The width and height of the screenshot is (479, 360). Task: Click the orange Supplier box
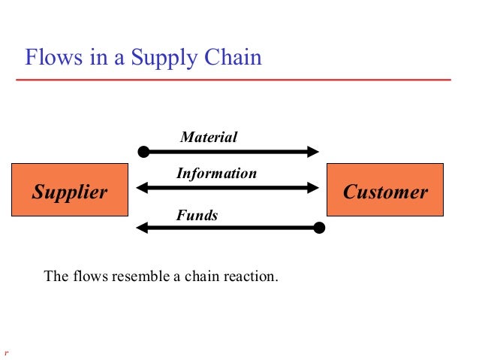pos(69,192)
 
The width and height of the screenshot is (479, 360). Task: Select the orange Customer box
pos(385,192)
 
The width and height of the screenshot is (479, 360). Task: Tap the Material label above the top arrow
pos(209,137)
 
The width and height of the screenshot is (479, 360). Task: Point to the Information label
pos(216,174)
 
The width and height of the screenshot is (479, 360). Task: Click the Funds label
pos(197,216)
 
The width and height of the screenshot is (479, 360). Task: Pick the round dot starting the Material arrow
pos(143,151)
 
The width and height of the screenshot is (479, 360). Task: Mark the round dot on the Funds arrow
pos(319,226)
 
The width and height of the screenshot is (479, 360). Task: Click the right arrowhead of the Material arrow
pos(313,151)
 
